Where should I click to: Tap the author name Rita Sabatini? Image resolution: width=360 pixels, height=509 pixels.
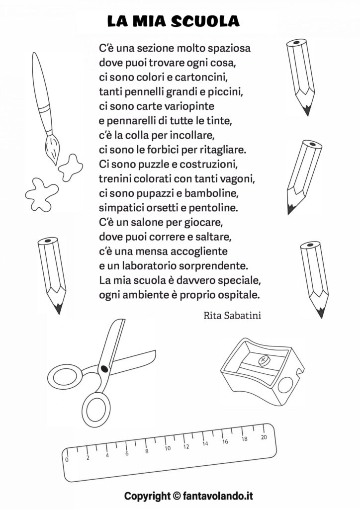pos(233,315)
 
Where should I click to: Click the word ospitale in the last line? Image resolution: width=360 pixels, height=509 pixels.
pos(237,294)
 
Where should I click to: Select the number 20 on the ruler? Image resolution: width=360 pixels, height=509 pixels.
pos(264,437)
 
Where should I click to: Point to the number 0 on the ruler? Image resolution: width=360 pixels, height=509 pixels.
pos(67,460)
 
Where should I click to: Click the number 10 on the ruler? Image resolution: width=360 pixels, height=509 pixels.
pos(168,448)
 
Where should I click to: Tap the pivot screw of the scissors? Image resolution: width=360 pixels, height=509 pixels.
pos(104,368)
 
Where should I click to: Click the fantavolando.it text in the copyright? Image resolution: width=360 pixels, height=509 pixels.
pos(220,496)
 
